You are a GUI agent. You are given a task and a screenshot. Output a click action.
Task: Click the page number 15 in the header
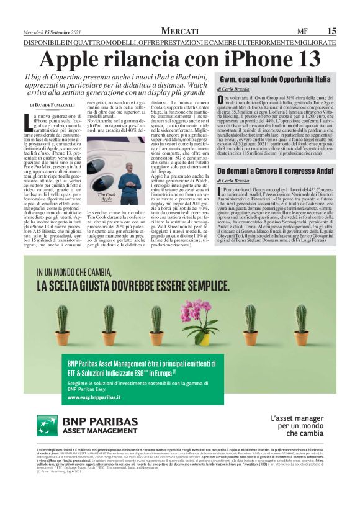click(331, 31)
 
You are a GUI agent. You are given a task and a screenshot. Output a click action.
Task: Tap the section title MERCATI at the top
click(180, 31)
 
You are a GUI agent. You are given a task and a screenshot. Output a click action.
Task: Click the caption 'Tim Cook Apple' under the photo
click(107, 198)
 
